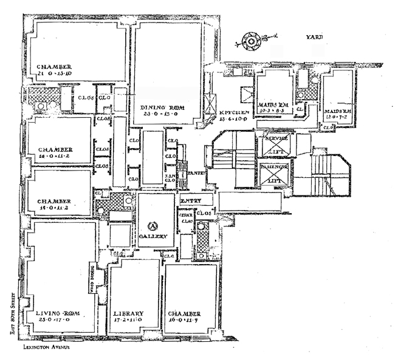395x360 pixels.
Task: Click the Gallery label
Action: coord(153,236)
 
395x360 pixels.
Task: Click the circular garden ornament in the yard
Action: coord(250,41)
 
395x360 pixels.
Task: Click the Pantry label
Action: coord(196,173)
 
